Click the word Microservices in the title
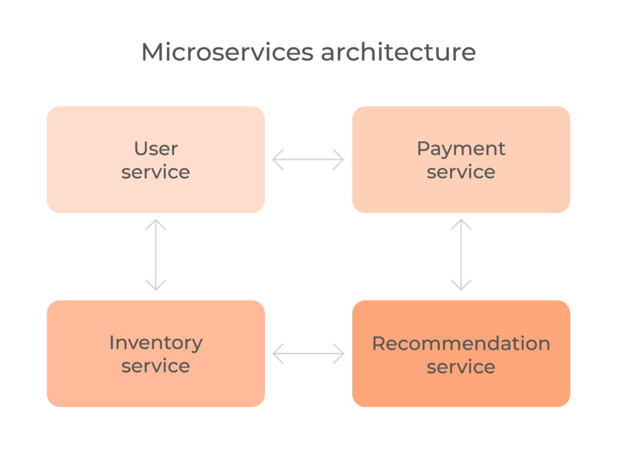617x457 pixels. (227, 52)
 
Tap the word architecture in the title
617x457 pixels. (398, 52)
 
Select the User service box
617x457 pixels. (156, 160)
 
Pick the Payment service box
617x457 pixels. (461, 160)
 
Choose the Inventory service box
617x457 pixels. (156, 353)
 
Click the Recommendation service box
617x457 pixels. (461, 353)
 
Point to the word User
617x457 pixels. (156, 149)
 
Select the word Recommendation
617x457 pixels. (461, 343)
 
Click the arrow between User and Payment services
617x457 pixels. (308, 160)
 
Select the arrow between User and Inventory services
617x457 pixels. (156, 255)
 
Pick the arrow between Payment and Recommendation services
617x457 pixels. (461, 255)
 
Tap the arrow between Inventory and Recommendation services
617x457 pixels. (308, 353)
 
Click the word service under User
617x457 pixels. (156, 172)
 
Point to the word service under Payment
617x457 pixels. (461, 172)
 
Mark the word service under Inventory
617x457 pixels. (156, 366)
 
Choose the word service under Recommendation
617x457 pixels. (461, 367)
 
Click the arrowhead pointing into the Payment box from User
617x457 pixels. (339, 160)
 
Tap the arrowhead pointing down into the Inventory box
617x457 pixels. (156, 285)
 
